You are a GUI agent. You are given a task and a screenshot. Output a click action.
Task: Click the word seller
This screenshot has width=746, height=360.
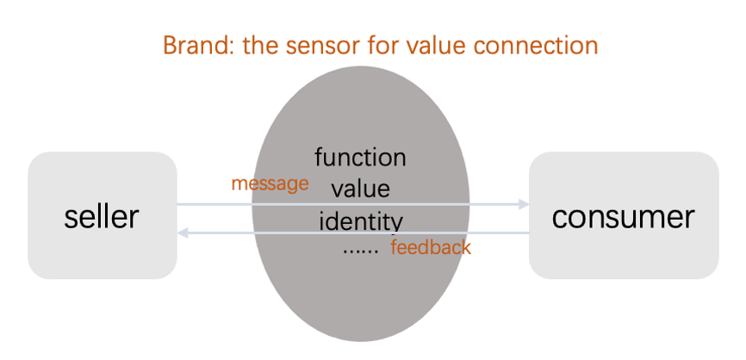point(102,216)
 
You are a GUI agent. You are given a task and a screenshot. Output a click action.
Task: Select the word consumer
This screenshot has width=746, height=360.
point(623,217)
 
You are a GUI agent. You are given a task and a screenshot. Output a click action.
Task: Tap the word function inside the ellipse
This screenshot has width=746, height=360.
point(360,157)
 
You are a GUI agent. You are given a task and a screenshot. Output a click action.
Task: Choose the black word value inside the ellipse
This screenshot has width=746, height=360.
point(361,189)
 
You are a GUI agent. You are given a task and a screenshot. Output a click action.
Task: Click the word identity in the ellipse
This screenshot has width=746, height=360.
point(361,221)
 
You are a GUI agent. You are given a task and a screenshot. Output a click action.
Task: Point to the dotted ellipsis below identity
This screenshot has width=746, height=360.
point(361,251)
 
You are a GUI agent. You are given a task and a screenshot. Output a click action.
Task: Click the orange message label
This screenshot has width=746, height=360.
point(270,183)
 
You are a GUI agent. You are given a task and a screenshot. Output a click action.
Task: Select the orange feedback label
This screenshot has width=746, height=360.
point(431,247)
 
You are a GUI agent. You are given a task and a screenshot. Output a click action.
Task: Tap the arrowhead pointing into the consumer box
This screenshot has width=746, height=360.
point(524,204)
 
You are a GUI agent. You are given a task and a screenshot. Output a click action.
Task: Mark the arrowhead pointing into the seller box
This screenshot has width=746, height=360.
point(183,233)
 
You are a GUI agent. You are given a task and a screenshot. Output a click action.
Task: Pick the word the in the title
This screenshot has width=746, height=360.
point(260,46)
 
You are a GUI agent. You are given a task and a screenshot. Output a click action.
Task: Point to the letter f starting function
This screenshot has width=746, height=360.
point(320,157)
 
